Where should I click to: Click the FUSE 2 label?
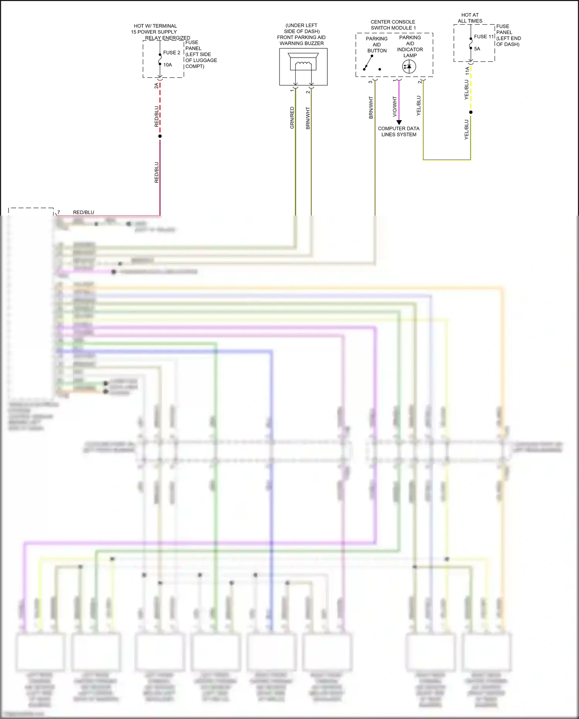171,53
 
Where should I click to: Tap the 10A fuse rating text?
168,65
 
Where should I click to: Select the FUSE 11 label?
484,37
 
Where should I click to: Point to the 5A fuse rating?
477,49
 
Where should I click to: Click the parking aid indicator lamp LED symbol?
409,67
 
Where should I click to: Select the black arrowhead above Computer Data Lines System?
399,122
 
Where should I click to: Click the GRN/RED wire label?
292,118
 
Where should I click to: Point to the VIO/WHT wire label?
394,107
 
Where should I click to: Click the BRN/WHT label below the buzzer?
308,118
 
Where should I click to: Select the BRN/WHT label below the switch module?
371,107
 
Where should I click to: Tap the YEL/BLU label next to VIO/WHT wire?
419,105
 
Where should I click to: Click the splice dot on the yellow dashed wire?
471,112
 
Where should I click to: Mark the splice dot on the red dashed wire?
160,136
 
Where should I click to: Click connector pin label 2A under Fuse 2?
156,86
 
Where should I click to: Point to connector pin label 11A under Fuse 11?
467,71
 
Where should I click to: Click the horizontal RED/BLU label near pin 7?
83,212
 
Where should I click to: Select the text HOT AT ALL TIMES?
470,18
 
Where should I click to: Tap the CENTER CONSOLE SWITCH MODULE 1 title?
393,25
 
